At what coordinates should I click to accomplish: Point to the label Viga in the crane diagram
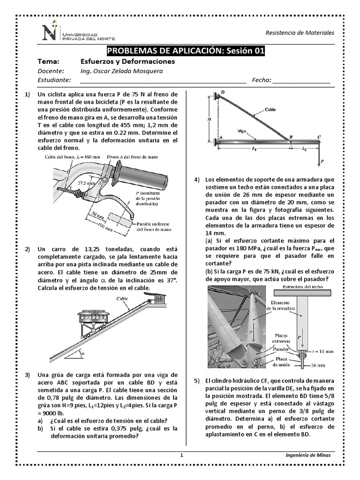pos(242,132)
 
